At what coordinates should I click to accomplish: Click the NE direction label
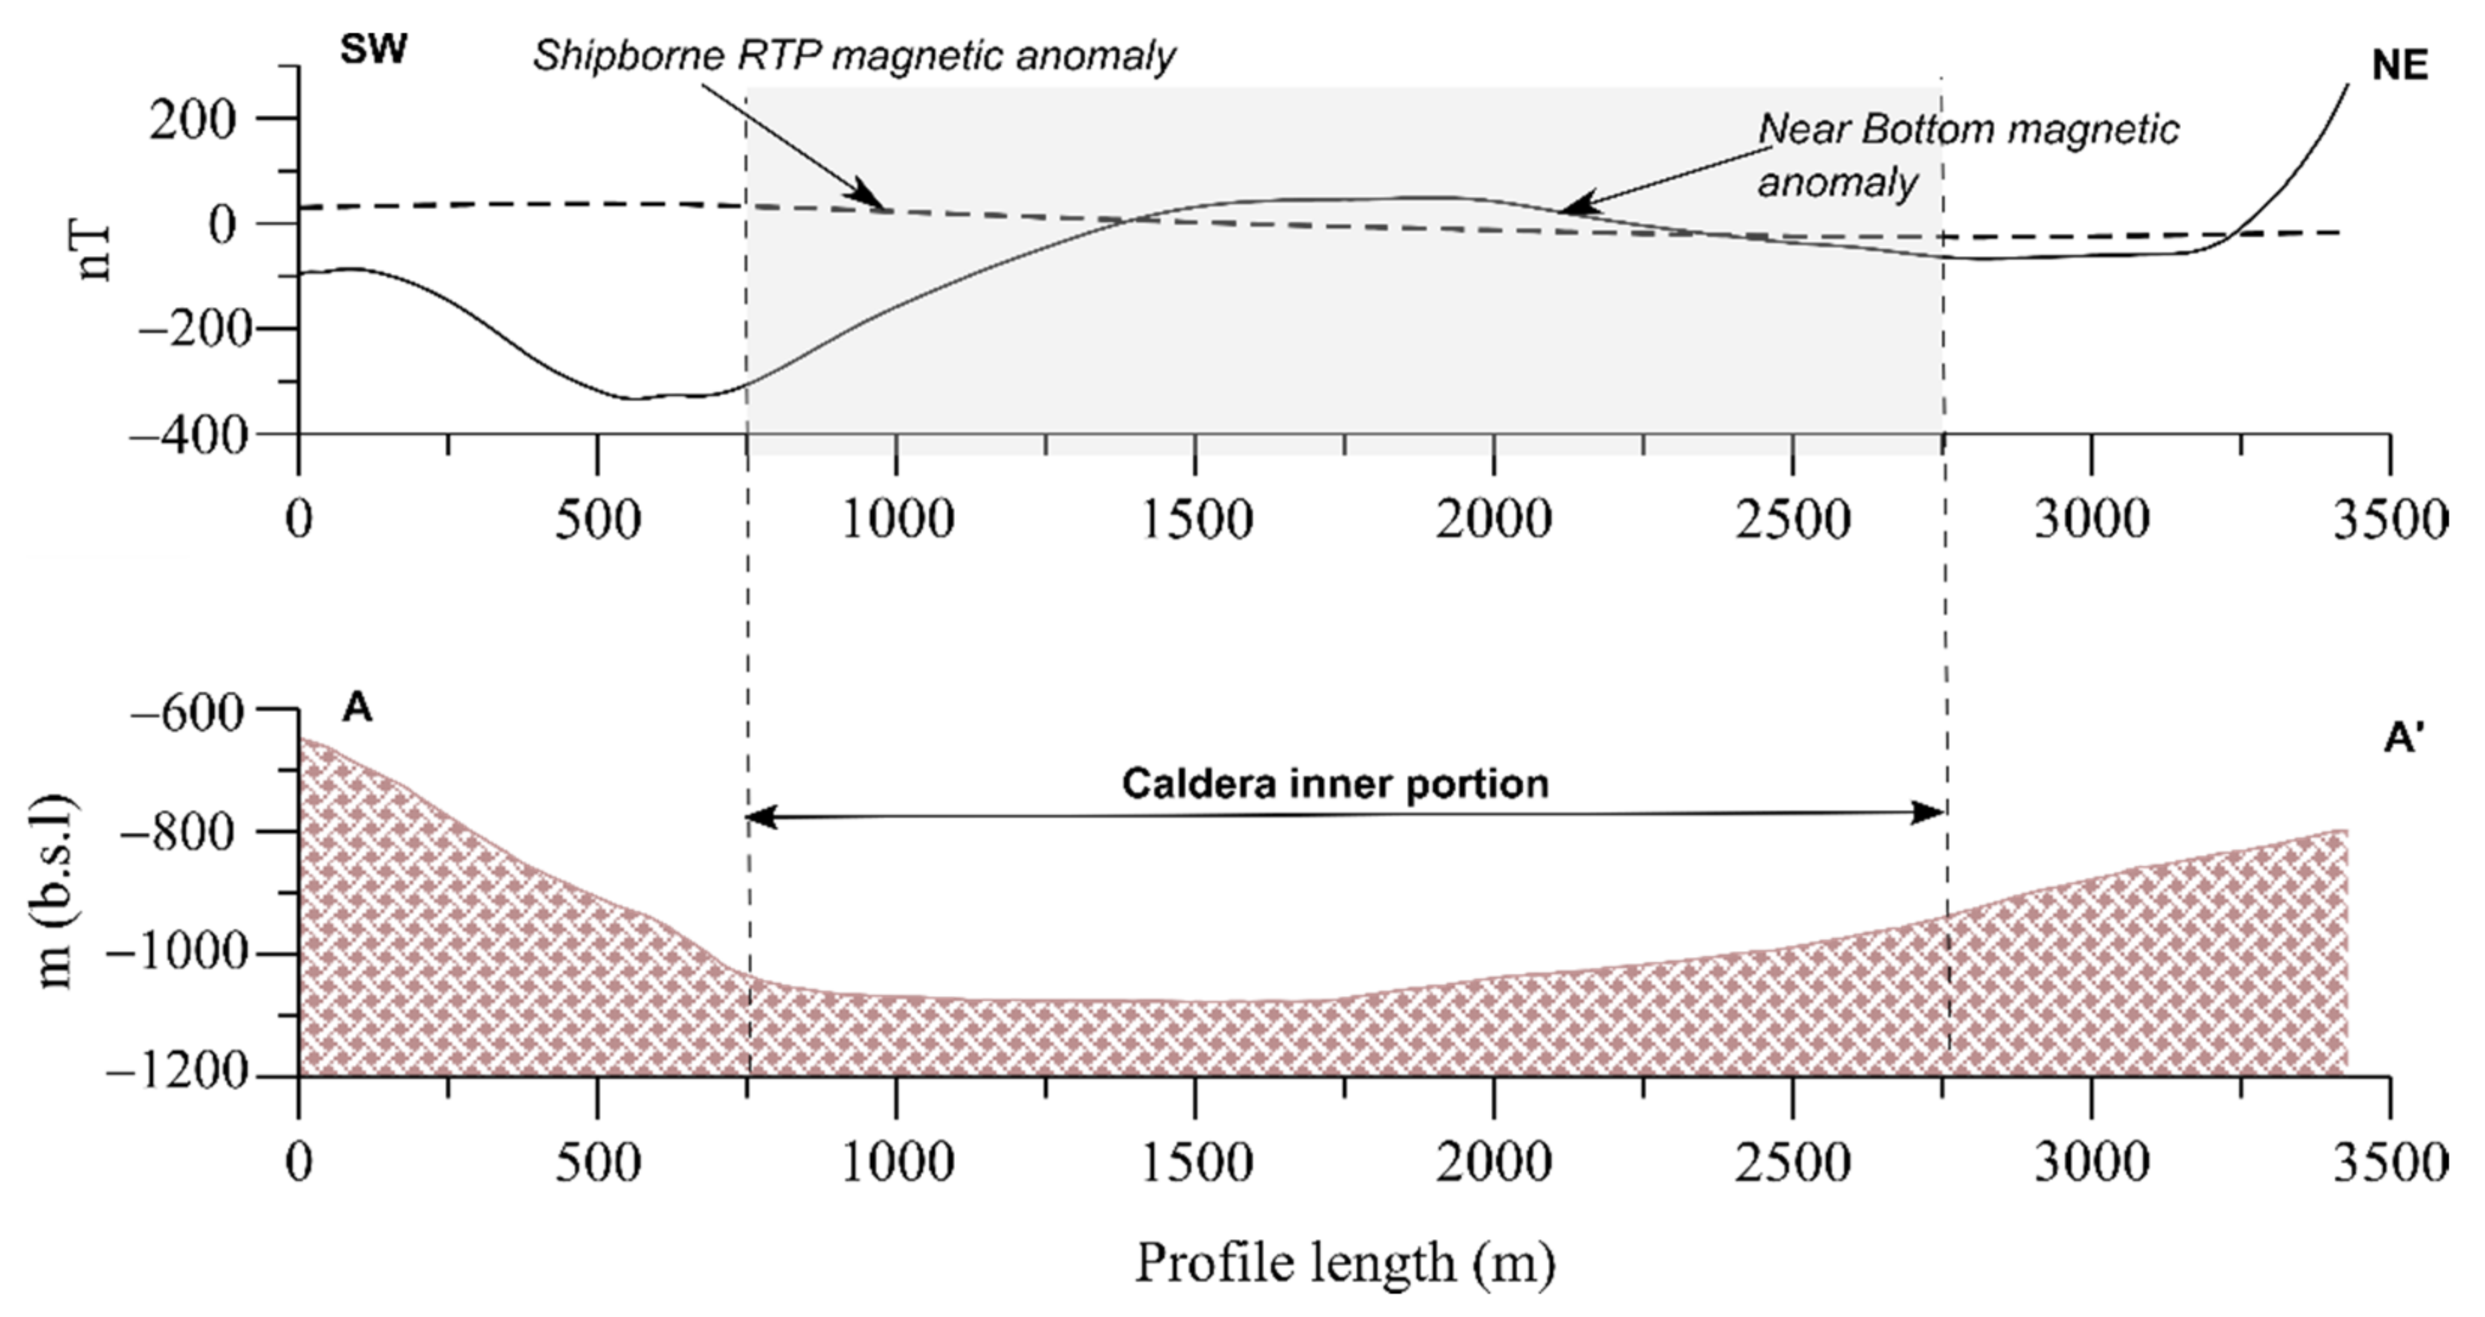click(x=2399, y=67)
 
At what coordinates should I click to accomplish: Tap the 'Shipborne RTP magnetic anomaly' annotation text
click(x=854, y=56)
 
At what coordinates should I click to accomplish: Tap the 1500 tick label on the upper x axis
click(x=1196, y=520)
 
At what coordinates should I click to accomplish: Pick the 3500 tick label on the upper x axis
click(x=2388, y=520)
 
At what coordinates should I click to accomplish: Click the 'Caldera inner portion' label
click(x=1335, y=783)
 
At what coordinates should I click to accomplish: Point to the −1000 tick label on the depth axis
click(x=178, y=953)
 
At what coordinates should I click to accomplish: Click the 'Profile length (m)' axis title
click(x=1344, y=1263)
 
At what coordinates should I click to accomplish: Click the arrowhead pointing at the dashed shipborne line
click(x=874, y=200)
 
